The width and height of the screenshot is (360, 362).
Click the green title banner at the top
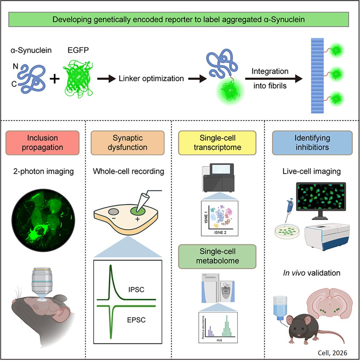(x=179, y=20)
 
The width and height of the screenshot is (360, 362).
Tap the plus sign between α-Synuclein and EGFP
(x=54, y=78)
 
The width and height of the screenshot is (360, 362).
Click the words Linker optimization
(x=151, y=78)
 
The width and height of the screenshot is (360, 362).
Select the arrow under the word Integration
(x=274, y=78)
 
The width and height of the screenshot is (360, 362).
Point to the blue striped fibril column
(x=317, y=76)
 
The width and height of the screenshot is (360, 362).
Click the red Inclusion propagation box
(x=43, y=143)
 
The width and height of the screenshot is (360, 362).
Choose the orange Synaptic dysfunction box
(x=128, y=143)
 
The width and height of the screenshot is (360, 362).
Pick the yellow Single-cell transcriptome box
(x=217, y=143)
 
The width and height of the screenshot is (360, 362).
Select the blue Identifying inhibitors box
(x=312, y=143)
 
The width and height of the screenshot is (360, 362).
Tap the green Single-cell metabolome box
(x=217, y=256)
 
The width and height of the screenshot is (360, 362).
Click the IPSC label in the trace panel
(x=136, y=290)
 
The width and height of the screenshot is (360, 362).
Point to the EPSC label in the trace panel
(x=136, y=320)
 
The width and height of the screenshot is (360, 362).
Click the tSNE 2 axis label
(x=220, y=233)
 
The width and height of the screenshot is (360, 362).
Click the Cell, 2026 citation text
(x=332, y=353)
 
